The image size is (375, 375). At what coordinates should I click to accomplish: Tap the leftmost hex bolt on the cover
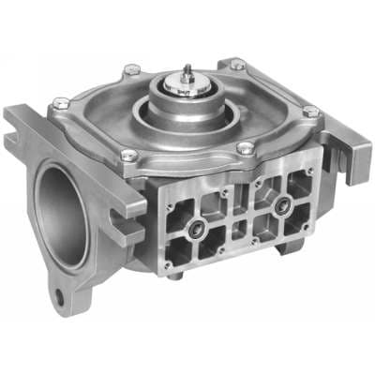(x=61, y=102)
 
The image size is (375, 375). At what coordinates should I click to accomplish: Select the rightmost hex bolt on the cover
(x=311, y=112)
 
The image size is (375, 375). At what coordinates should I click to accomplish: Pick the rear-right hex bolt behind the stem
(x=238, y=65)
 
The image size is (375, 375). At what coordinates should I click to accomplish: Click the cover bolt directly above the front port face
(x=245, y=148)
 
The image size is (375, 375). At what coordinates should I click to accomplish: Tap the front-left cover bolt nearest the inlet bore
(x=128, y=155)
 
